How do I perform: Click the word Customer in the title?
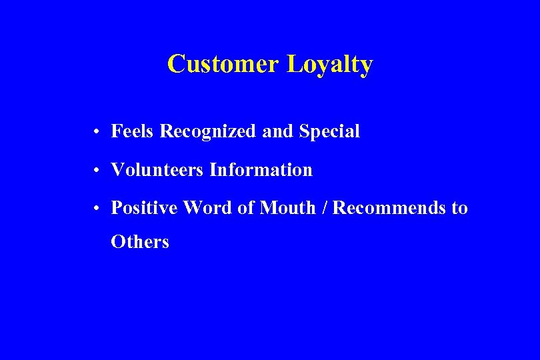(223, 65)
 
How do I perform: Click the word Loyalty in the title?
(329, 65)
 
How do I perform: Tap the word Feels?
(133, 131)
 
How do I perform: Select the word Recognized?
(208, 132)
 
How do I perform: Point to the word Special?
(329, 132)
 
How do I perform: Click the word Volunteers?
(157, 170)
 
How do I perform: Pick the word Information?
(261, 170)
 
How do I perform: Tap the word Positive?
(145, 208)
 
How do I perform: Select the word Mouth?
(287, 208)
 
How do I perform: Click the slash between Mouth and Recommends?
(324, 208)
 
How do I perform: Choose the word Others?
(140, 241)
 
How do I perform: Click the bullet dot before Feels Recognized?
(97, 133)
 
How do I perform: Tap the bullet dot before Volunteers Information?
(97, 171)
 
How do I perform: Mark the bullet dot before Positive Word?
(97, 209)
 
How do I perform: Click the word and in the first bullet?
(278, 132)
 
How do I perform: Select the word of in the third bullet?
(246, 208)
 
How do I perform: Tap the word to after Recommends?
(460, 209)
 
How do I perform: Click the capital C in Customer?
(176, 65)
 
